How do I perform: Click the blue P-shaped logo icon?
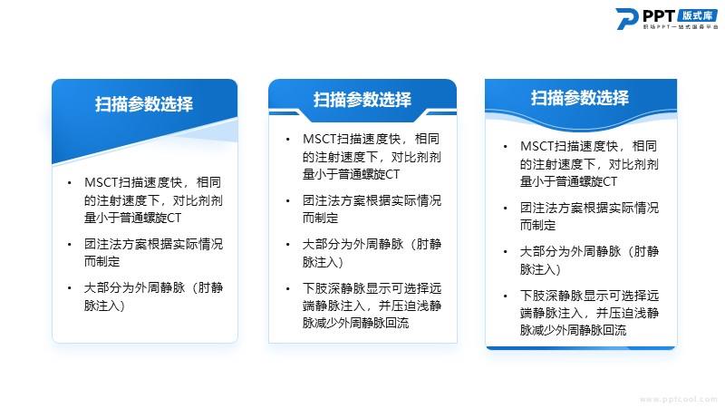coord(626,18)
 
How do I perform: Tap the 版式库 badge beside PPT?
coord(697,15)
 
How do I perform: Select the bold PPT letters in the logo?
coord(659,16)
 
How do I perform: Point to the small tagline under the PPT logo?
coord(681,27)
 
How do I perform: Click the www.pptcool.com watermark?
coord(678,399)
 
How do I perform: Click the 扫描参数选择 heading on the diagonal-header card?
coord(144,104)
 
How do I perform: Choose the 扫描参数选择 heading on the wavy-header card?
coord(580,98)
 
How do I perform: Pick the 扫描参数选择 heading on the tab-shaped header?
coord(362,100)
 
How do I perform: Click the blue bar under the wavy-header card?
coord(581,348)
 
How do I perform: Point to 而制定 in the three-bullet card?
coord(101,261)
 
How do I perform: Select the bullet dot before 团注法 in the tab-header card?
coord(287,200)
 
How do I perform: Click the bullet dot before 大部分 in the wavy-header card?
coord(506,252)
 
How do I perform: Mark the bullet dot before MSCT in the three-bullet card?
coord(70,183)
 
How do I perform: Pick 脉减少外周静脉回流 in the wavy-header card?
coord(574,330)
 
